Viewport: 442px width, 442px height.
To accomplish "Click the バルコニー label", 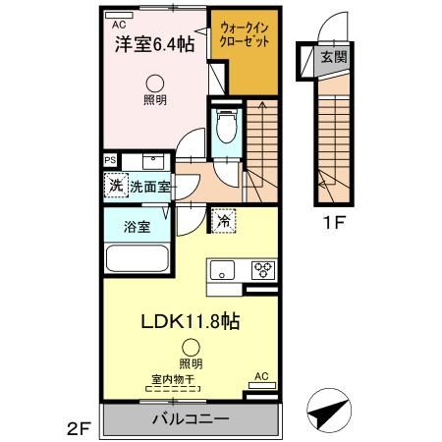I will tap(191, 419).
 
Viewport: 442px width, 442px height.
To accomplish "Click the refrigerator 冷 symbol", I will tap(224, 222).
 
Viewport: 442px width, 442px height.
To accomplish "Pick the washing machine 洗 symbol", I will tap(116, 185).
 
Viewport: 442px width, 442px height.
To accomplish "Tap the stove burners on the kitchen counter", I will tap(263, 268).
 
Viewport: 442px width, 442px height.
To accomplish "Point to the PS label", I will tap(109, 159).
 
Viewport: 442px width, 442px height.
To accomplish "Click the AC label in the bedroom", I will tap(118, 24).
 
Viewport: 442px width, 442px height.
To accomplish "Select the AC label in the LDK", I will tap(260, 376).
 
